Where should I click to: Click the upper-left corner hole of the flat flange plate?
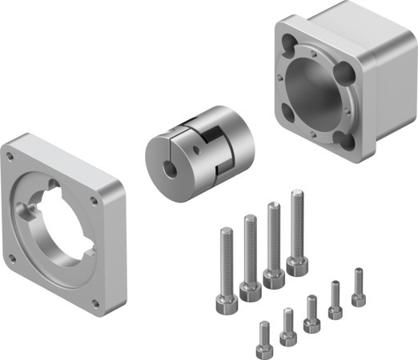pos(9,150)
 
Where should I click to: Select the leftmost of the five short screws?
pos(263,340)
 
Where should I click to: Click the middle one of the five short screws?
pos(311,313)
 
